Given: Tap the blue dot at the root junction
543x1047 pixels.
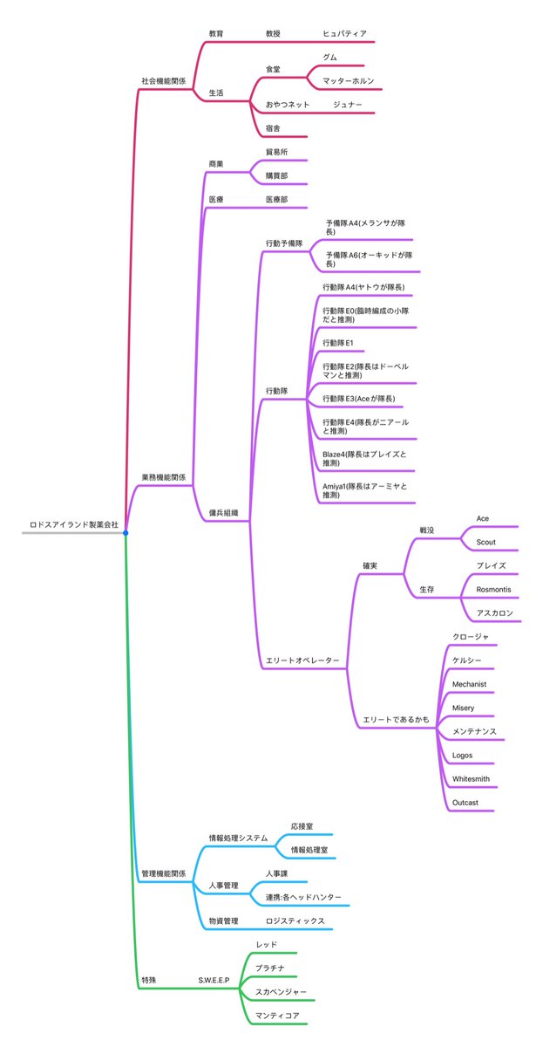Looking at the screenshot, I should tap(126, 533).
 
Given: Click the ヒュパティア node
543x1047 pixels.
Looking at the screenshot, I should tap(345, 34).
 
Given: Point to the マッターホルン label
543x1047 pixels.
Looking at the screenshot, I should tap(348, 81).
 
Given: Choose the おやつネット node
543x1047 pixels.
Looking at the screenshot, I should tap(287, 105).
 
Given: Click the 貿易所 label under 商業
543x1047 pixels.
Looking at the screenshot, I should tap(276, 152).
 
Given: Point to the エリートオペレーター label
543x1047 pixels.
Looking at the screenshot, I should tap(302, 660).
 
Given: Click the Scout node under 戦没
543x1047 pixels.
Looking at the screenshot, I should tap(485, 542).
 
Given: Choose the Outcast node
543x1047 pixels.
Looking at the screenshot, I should tap(465, 802).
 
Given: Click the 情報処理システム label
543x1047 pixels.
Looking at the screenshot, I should tap(237, 838).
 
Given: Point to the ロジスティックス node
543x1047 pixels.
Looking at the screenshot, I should tap(295, 920).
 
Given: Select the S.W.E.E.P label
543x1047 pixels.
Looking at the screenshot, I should tap(214, 981).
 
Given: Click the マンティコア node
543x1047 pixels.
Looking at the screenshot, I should tap(277, 1016).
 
